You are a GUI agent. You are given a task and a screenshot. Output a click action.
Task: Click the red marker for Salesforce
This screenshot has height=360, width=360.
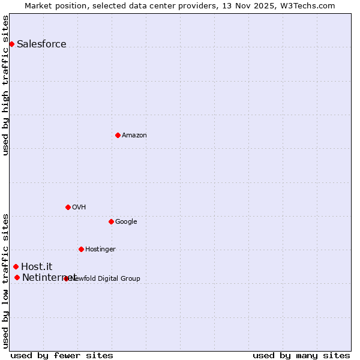tap(11, 44)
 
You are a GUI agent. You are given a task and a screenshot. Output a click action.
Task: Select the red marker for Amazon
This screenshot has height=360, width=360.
tap(118, 135)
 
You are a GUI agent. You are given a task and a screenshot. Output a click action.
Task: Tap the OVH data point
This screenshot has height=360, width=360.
tap(68, 207)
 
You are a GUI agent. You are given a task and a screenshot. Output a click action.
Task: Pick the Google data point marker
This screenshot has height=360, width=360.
tap(111, 221)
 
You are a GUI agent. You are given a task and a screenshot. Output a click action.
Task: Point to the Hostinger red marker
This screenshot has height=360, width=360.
tap(81, 249)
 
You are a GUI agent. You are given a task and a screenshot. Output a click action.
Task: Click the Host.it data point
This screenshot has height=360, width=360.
tap(16, 266)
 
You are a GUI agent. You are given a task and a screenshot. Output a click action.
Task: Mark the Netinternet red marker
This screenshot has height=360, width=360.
tap(17, 277)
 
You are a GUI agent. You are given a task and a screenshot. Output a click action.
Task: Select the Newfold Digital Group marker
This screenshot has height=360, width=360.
tap(66, 278)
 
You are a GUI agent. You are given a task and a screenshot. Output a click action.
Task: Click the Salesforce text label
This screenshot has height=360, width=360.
tap(41, 44)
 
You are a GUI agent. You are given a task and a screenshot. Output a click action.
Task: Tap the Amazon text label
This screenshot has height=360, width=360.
tap(134, 135)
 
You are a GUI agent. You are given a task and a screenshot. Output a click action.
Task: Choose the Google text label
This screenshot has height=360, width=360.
tap(126, 221)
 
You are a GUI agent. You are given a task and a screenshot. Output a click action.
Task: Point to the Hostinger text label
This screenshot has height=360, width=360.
tap(100, 249)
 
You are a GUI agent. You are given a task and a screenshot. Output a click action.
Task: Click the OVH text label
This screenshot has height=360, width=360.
tap(79, 207)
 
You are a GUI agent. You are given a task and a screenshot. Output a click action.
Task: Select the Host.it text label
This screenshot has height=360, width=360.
tap(37, 266)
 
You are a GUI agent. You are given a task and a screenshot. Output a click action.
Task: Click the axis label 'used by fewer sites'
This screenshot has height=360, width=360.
tap(62, 355)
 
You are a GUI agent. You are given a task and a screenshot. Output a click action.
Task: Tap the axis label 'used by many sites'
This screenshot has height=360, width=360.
tap(301, 355)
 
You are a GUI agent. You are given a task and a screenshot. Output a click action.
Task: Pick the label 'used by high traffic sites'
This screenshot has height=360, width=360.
tap(6, 85)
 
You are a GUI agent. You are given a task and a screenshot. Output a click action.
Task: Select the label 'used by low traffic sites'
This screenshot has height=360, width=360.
tap(6, 281)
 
